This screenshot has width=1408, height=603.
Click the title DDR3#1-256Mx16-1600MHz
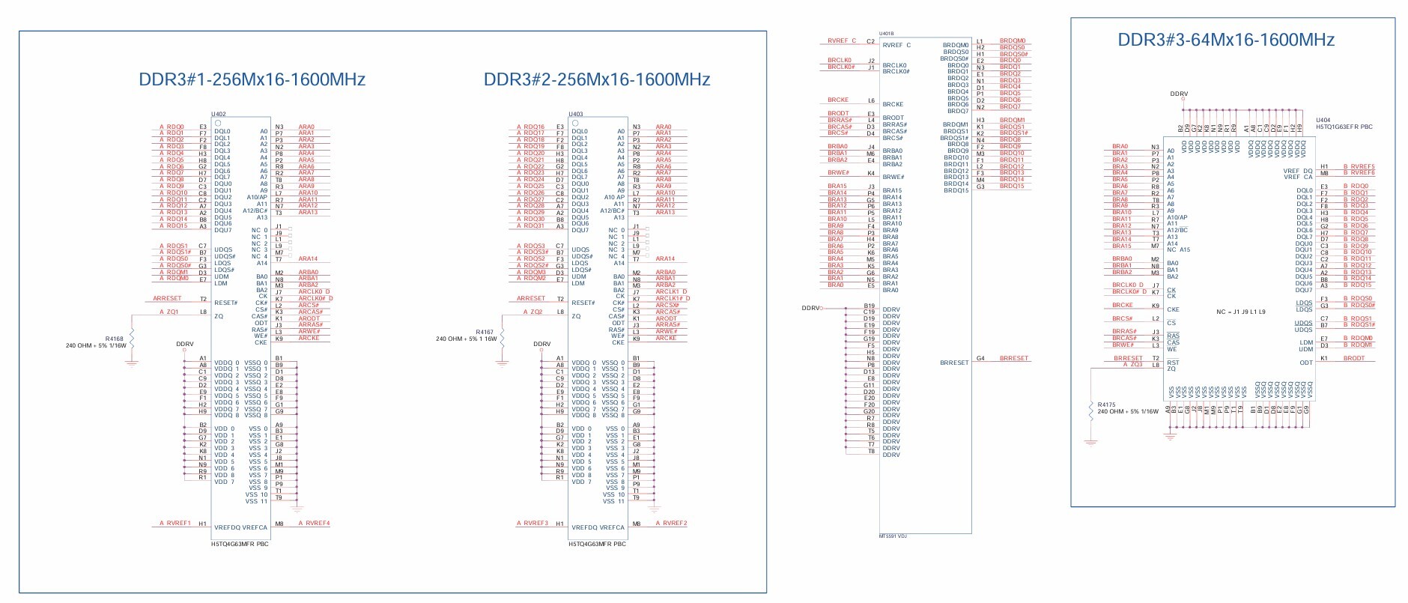(252, 79)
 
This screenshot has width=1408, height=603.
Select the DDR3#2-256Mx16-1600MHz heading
(596, 79)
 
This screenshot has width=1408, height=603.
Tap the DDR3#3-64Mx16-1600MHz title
(1226, 40)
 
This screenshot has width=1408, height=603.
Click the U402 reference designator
(217, 114)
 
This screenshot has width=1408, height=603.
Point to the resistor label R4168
(114, 339)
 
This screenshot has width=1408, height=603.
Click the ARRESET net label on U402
(167, 298)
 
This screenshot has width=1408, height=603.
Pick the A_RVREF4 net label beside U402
(314, 523)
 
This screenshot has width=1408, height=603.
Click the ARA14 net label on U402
(308, 258)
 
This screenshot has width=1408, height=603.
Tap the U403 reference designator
(575, 114)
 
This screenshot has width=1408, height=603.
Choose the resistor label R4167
(485, 332)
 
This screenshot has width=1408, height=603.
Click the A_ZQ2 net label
(532, 312)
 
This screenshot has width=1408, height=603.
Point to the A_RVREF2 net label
(671, 523)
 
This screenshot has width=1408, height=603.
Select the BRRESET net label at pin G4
(1013, 358)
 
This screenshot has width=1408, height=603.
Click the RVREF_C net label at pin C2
(841, 41)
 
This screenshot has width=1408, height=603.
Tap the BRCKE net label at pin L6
(838, 100)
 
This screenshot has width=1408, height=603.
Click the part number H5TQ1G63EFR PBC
(1344, 127)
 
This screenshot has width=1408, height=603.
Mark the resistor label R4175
(1106, 404)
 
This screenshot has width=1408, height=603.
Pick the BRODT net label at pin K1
(1353, 358)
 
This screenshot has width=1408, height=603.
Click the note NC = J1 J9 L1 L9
(1240, 312)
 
